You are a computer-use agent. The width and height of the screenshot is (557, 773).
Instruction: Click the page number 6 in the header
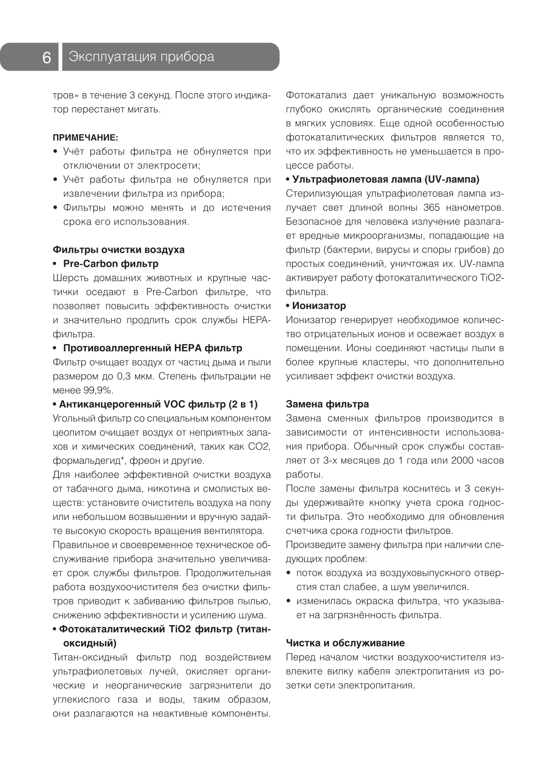tap(47, 57)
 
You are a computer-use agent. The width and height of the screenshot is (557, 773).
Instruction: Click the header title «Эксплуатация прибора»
tap(141, 57)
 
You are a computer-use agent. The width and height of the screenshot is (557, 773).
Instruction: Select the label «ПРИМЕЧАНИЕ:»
tap(85, 138)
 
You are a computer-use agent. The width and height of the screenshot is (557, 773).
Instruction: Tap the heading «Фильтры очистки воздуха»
tap(118, 250)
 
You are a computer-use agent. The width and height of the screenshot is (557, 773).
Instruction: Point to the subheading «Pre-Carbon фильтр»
tap(111, 264)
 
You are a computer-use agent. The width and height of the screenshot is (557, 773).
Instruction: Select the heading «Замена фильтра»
tap(327, 404)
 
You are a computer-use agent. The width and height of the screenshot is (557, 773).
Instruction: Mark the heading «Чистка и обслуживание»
tap(345, 643)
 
